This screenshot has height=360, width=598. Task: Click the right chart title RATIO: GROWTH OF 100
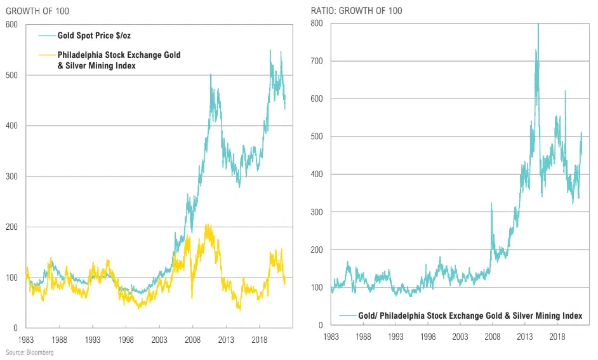pyautogui.click(x=356, y=11)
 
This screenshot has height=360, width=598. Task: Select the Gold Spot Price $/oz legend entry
pyautogui.click(x=94, y=36)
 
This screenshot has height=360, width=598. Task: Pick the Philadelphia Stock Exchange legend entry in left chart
pyautogui.click(x=119, y=60)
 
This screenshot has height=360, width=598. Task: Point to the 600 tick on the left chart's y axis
pyautogui.click(x=11, y=25)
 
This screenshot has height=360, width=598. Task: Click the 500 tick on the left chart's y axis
pyautogui.click(x=11, y=76)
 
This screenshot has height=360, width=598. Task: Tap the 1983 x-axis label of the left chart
pyautogui.click(x=27, y=340)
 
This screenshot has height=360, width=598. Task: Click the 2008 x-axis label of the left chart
pyautogui.click(x=193, y=340)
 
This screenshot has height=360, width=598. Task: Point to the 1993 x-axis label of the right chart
pyautogui.click(x=395, y=337)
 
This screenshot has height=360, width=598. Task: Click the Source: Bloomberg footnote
pyautogui.click(x=29, y=352)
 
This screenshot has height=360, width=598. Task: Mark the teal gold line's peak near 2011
pyautogui.click(x=211, y=75)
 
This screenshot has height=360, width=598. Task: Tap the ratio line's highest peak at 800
pyautogui.click(x=538, y=24)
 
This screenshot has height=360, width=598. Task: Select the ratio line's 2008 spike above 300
pyautogui.click(x=492, y=203)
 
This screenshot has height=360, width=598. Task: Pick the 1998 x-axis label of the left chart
pyautogui.click(x=126, y=340)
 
